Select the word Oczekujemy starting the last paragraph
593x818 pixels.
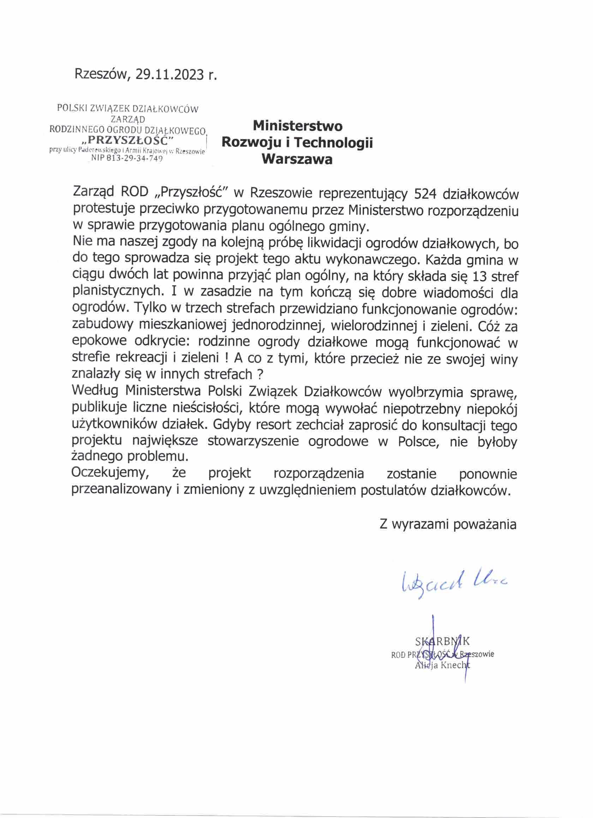(x=110, y=473)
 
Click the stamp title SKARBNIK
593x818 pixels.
(x=442, y=641)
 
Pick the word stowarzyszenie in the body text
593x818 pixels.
(x=253, y=441)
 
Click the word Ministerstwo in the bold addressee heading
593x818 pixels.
(x=298, y=126)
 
